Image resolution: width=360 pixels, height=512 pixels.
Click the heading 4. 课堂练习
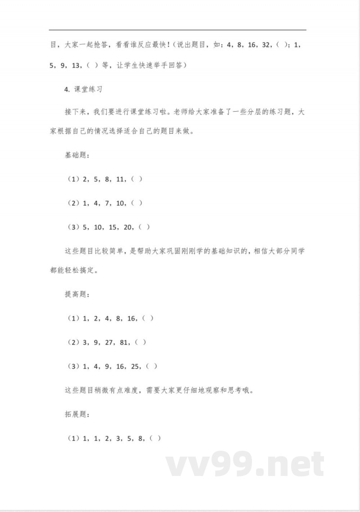(x=84, y=89)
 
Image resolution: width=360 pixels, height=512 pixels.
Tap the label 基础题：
(x=77, y=155)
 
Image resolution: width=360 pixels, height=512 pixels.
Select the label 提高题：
(x=77, y=295)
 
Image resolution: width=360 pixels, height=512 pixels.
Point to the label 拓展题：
(x=77, y=414)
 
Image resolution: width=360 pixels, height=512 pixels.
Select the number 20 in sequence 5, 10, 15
(x=128, y=227)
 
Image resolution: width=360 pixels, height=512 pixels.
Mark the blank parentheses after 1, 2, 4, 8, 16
(x=148, y=318)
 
